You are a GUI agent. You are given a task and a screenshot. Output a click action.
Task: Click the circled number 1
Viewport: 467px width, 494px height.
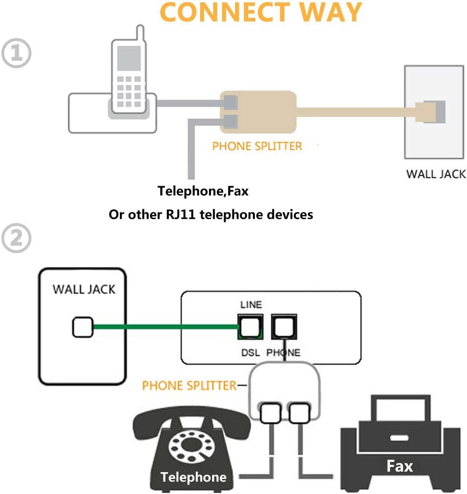point(17,54)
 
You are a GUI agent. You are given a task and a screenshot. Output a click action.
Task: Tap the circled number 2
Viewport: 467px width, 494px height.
point(17,238)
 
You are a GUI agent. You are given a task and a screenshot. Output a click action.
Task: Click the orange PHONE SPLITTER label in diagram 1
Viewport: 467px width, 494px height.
point(257,146)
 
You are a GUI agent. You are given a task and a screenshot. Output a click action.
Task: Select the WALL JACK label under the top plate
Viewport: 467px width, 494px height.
point(436,174)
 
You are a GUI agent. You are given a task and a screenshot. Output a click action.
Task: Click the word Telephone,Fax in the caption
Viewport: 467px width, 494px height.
point(203,191)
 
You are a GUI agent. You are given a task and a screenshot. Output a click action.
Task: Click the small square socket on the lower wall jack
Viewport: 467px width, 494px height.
point(82,327)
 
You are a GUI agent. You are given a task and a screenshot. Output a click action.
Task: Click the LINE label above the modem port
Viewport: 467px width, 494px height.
point(251,305)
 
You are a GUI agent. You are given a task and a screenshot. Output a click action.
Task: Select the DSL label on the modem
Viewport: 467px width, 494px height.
point(250,352)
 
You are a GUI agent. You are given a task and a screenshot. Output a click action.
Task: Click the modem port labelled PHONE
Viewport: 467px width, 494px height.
point(284,327)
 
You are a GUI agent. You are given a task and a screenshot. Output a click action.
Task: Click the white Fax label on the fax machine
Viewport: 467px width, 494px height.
point(399,466)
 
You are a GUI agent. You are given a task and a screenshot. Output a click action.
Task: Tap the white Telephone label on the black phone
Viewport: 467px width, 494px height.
point(193,477)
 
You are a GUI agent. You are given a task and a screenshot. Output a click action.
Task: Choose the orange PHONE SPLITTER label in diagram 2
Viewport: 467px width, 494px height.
point(189,386)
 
